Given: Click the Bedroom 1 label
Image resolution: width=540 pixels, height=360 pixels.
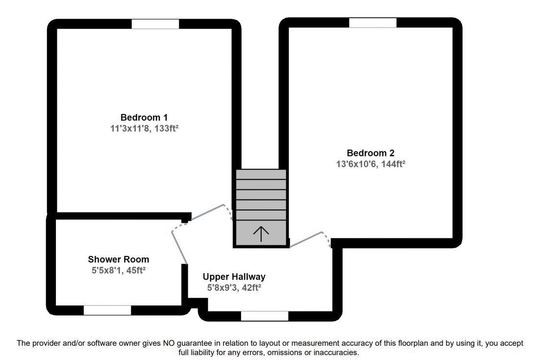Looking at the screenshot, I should [144, 118].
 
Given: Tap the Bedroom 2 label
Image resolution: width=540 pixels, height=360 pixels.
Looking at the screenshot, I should [370, 153].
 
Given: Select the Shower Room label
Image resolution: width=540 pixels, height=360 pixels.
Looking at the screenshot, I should [119, 259].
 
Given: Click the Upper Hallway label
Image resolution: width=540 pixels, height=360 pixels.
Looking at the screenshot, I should [234, 277].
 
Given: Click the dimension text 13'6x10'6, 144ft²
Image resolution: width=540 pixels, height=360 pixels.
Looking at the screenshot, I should [370, 164].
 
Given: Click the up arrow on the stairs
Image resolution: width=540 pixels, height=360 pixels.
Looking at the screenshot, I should [261, 233].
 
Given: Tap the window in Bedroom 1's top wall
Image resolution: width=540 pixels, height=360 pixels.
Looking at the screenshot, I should [155, 24].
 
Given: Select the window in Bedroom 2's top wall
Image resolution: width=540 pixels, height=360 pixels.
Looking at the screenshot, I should [372, 23].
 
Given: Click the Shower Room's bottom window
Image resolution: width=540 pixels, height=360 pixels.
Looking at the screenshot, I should [107, 310].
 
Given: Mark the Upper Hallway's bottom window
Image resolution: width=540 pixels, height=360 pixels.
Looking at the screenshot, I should [265, 316].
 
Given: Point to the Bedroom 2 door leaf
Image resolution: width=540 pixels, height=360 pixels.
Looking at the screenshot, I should [306, 239].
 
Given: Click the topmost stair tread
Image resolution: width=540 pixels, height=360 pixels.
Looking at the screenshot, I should [261, 175].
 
